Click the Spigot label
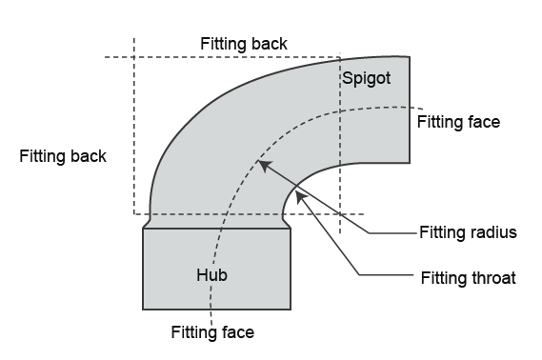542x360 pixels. pos(367,79)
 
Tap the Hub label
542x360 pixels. pos(211,275)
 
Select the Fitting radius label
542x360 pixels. pos(468,232)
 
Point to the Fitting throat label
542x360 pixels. pos(469,278)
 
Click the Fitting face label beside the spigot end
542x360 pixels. pos(458,122)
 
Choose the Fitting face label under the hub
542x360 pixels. pos(212,332)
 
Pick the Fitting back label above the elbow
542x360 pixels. pos(244,44)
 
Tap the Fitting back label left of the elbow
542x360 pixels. pos(63,156)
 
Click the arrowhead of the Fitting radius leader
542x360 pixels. pos(265,165)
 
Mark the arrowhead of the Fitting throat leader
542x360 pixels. pos(301,198)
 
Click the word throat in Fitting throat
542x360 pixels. pos(491,278)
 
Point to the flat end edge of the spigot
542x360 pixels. pos(410,110)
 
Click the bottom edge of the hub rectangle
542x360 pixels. pos(217,310)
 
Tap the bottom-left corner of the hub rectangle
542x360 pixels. pos(143,310)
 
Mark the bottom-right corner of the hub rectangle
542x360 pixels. pos(291,310)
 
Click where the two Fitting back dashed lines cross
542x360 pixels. pos(134,57)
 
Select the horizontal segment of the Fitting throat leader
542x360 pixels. pos(387,275)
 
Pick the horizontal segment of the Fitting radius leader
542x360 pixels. pos(392,233)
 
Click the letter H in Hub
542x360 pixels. pos(202,275)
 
